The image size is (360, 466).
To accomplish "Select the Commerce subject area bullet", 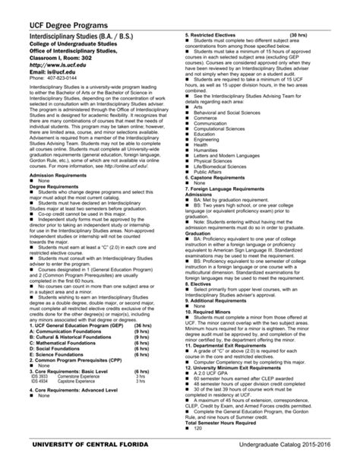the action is pyautogui.click(x=206, y=118).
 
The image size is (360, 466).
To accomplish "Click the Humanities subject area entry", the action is pyautogui.click(x=207, y=150).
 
